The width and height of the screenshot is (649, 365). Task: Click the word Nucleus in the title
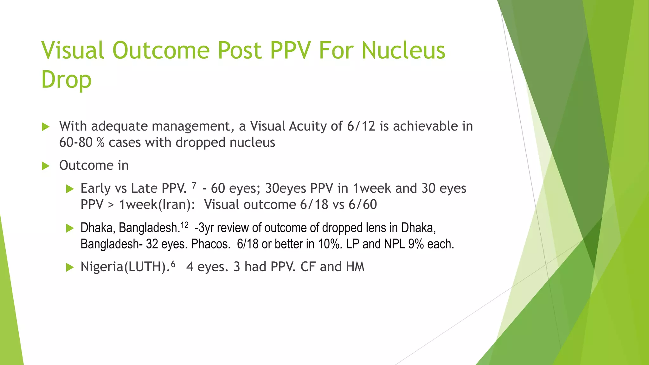pyautogui.click(x=403, y=51)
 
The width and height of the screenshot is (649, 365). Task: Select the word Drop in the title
pyautogui.click(x=66, y=80)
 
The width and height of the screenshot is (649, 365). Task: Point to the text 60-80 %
pyautogui.click(x=82, y=143)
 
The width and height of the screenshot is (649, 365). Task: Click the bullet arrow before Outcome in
pyautogui.click(x=46, y=166)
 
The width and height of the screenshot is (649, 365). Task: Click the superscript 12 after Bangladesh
pyautogui.click(x=184, y=225)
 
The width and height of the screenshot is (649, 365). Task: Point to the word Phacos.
pyautogui.click(x=210, y=244)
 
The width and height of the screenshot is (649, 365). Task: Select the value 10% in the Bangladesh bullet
pyautogui.click(x=329, y=244)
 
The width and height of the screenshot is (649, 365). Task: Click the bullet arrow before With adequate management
pyautogui.click(x=46, y=127)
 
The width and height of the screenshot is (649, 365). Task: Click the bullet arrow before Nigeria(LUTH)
pyautogui.click(x=70, y=267)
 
